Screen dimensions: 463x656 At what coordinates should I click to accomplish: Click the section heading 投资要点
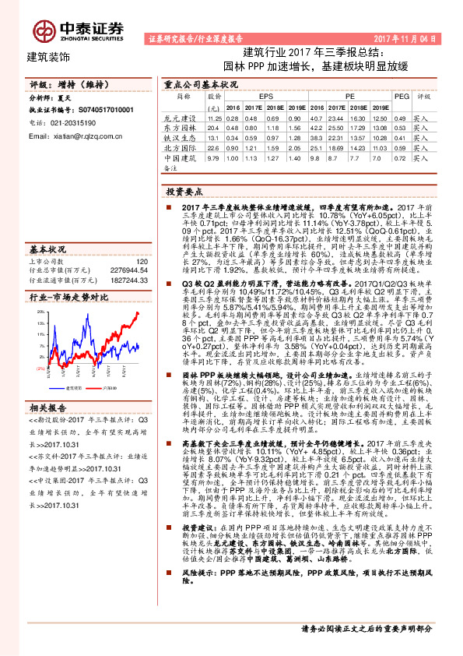pos(185,190)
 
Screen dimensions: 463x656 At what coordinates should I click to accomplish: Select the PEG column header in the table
pos(401,96)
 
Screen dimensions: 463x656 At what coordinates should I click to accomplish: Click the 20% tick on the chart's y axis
pos(39,288)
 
